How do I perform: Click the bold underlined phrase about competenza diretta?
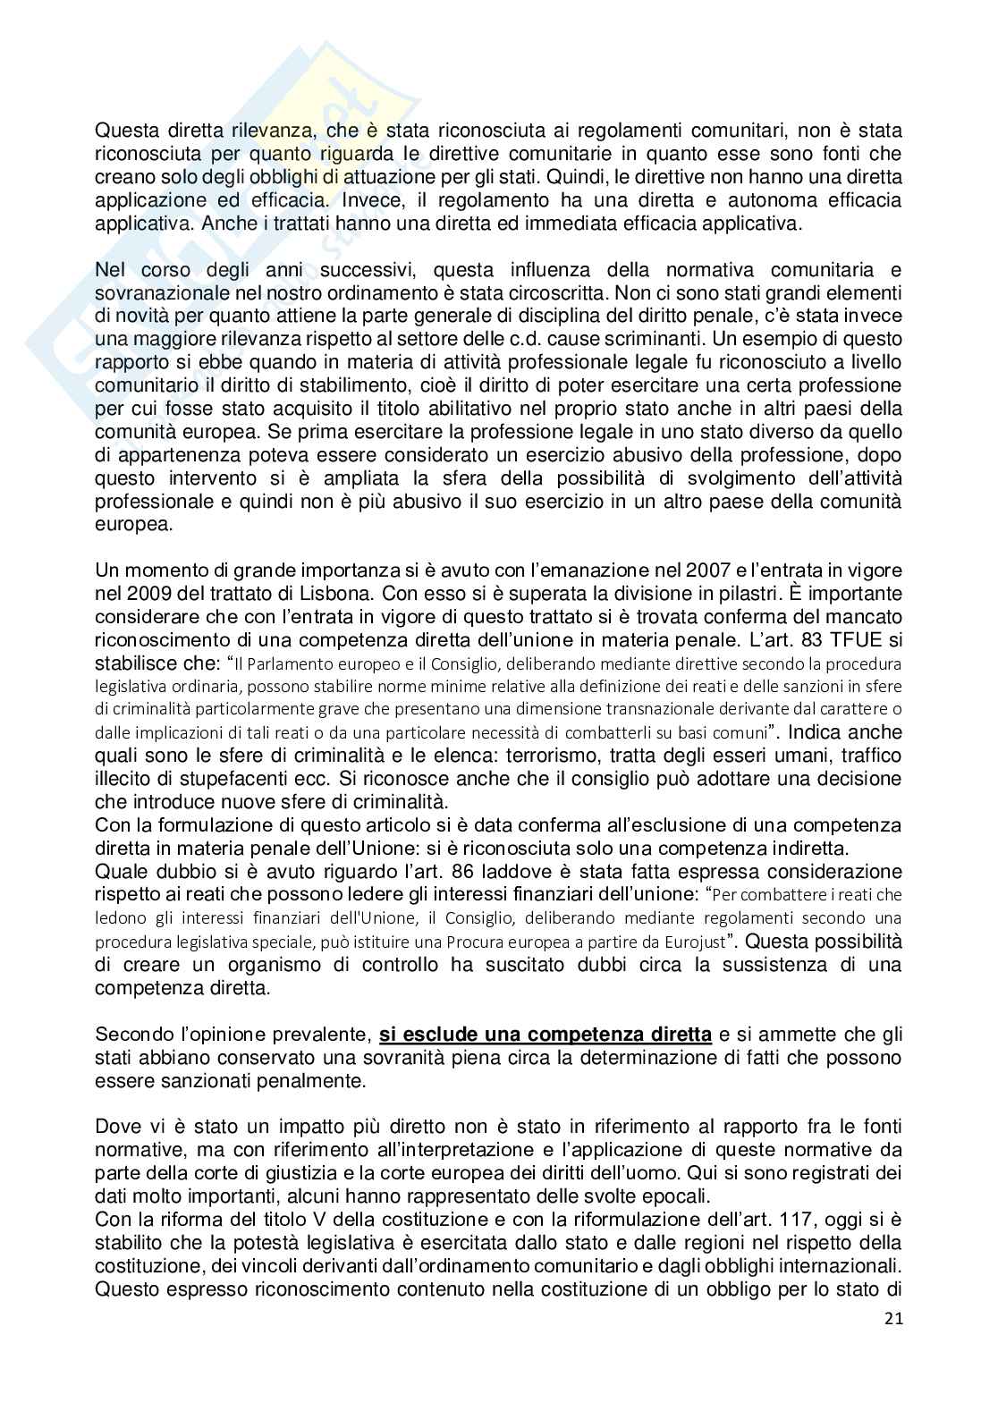pyautogui.click(x=546, y=1035)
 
